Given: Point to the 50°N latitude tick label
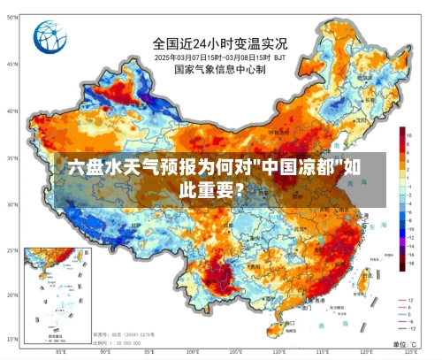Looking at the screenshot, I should click(11, 65).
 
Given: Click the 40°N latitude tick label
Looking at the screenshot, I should click(11, 111).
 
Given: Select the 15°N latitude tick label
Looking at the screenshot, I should click(11, 340).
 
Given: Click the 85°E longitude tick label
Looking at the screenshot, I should click(61, 352).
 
